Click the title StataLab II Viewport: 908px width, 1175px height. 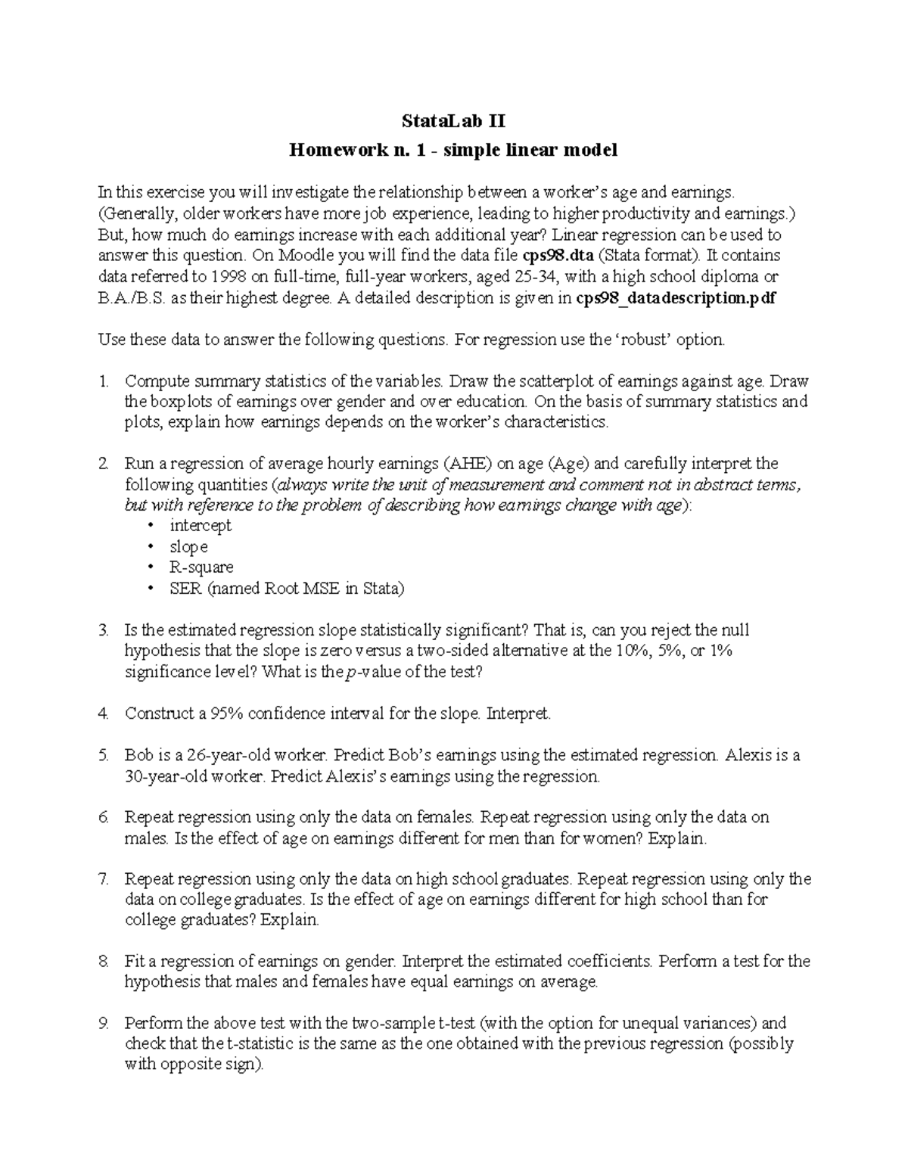point(453,121)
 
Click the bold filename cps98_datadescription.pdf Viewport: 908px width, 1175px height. point(676,298)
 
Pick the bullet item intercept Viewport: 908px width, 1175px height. point(201,525)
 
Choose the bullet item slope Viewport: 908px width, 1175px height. point(188,546)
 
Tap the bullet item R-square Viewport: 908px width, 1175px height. point(201,567)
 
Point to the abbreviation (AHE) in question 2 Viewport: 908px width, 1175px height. point(468,463)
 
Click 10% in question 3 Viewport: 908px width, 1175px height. point(630,651)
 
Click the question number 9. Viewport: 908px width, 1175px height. point(104,1024)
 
